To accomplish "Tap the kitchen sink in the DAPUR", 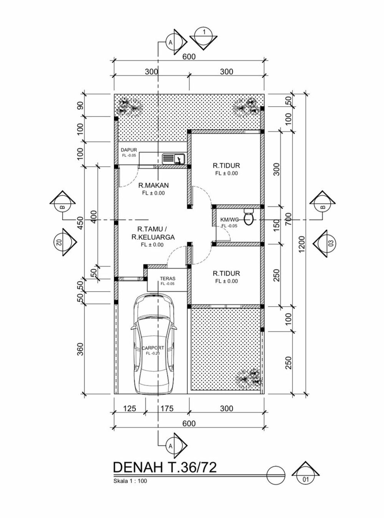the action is point(174,158).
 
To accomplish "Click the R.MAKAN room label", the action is point(153,185).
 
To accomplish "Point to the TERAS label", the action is point(167,279).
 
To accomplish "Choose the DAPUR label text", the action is point(129,150).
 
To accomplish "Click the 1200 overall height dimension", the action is point(302,244).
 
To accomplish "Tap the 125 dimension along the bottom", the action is point(129,409).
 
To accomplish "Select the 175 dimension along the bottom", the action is point(167,409).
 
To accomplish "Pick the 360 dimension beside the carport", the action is point(80,349).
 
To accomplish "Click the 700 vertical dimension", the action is point(289,219).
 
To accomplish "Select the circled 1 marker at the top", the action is point(204,36).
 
